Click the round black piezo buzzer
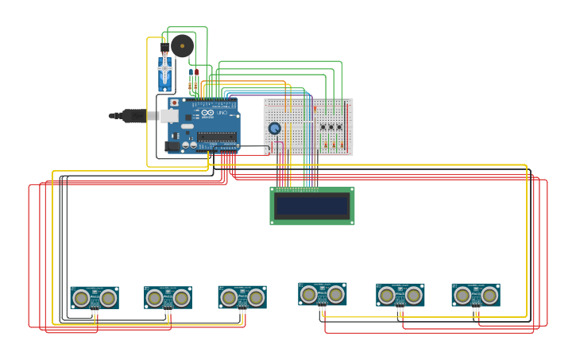(182, 46)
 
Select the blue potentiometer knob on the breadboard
(274, 128)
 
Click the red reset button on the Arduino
(174, 103)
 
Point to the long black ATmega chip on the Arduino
(216, 137)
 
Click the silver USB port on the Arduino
(168, 116)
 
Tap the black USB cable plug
(136, 116)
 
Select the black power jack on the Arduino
(171, 145)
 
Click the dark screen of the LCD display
(311, 206)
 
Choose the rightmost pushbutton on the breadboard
(339, 127)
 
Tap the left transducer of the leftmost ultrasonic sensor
(81, 298)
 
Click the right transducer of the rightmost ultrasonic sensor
(489, 296)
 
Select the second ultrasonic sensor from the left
(168, 298)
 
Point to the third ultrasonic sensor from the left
(242, 297)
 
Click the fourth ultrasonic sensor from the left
(322, 294)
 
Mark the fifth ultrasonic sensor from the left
(400, 295)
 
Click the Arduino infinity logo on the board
(208, 114)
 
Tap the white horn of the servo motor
(164, 68)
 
